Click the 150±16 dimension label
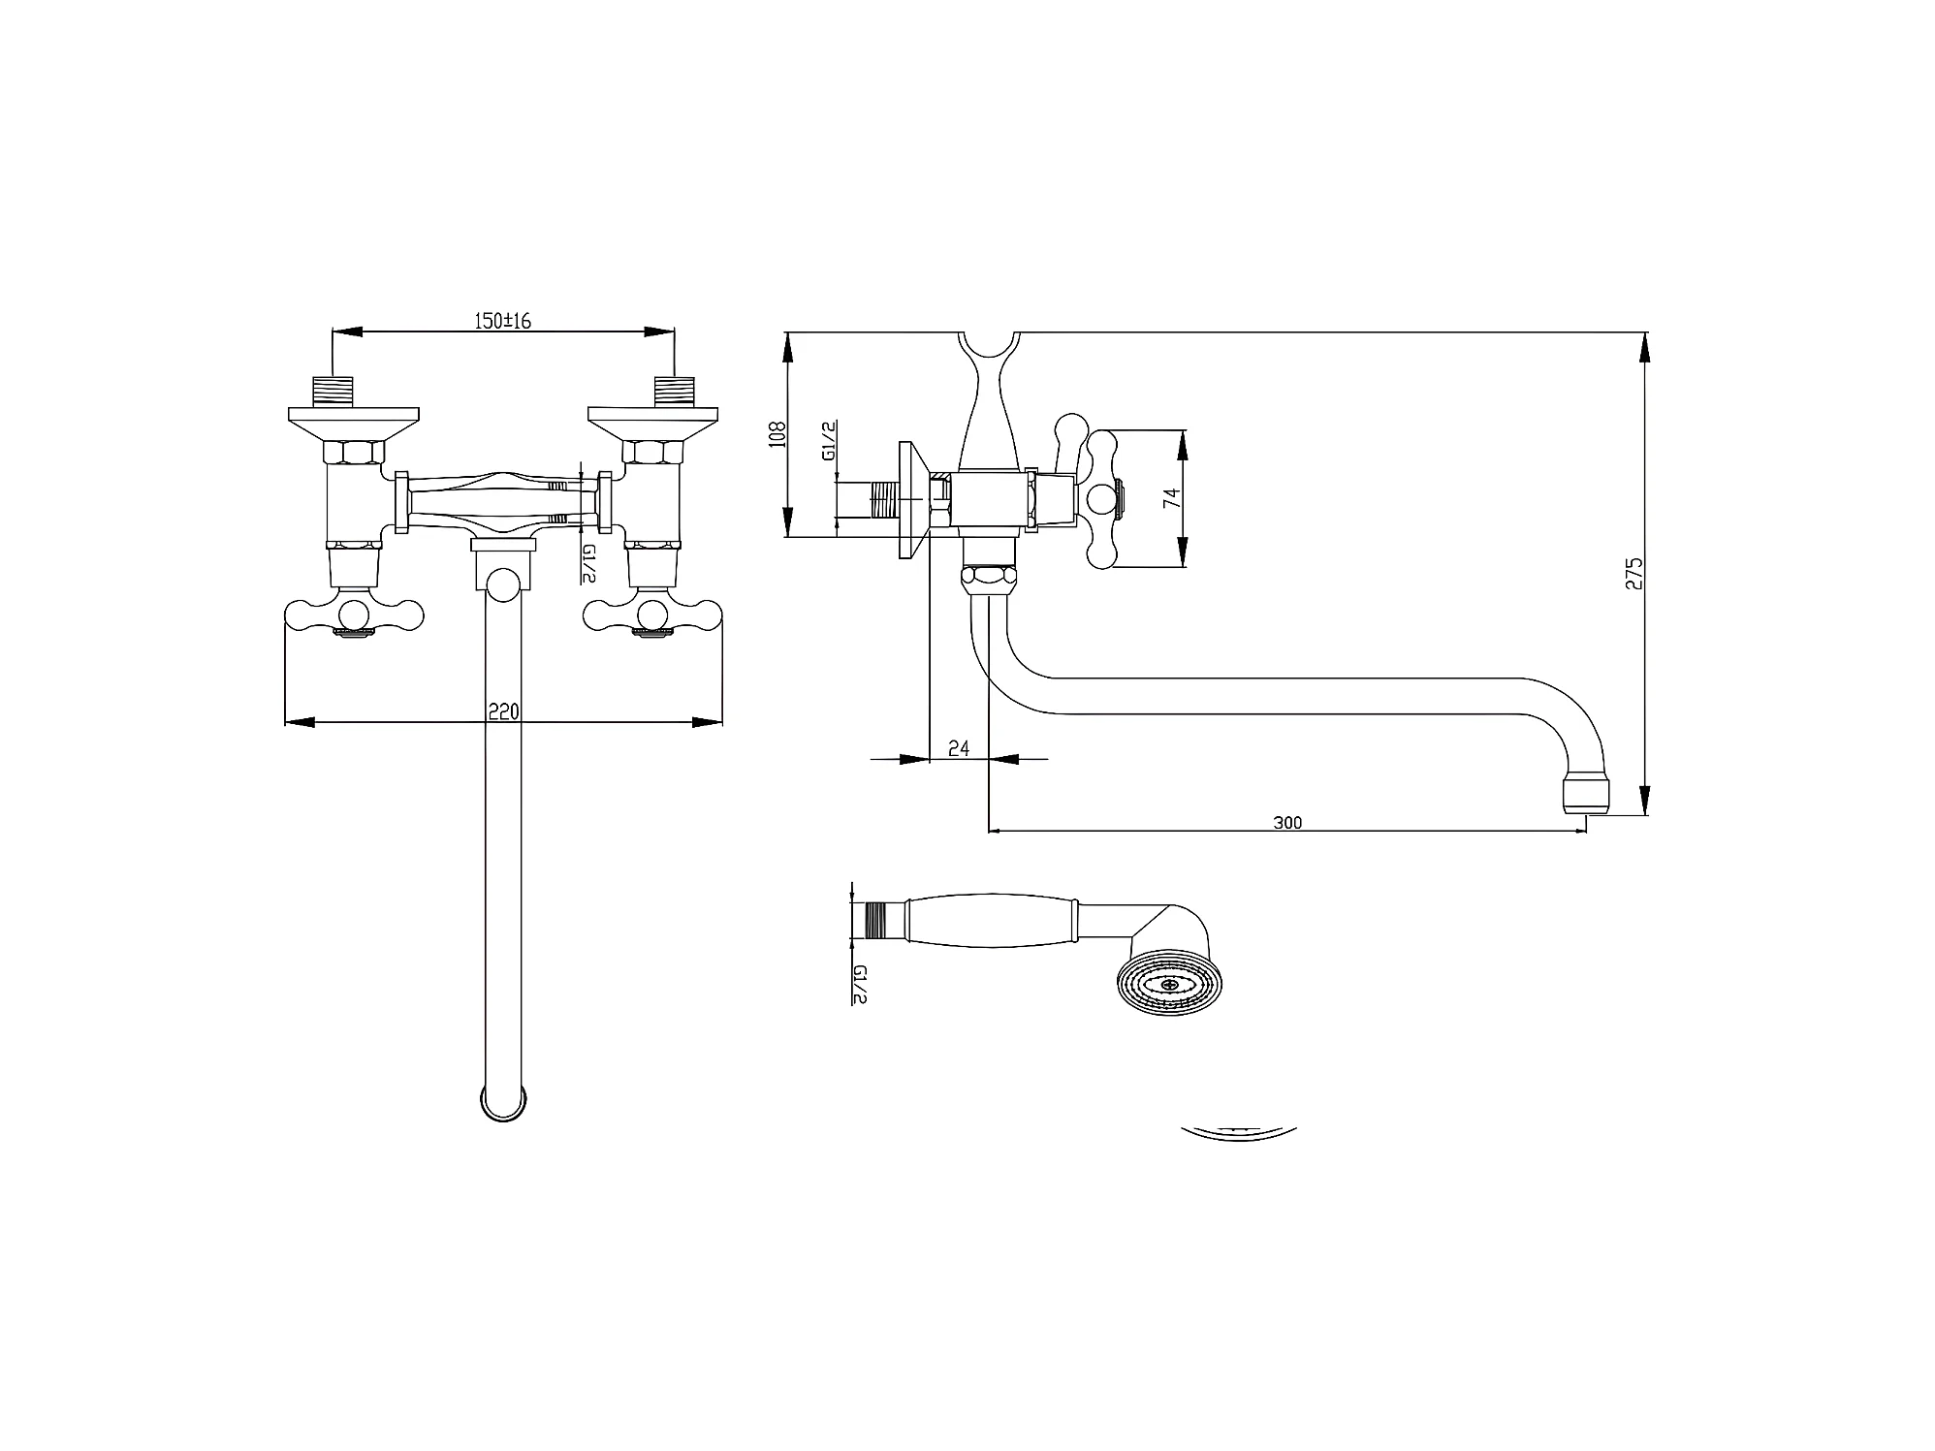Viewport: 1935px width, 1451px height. (502, 321)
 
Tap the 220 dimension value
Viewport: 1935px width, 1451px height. (503, 712)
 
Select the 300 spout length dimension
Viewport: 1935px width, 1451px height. (1286, 823)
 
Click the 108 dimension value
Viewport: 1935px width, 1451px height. (776, 432)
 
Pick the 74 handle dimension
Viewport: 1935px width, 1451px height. (1171, 498)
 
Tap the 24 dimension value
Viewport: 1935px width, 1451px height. (958, 747)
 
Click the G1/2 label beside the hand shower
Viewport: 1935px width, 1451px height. (858, 984)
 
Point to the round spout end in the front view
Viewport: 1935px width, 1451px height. (504, 1103)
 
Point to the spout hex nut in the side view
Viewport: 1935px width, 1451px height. (989, 580)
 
